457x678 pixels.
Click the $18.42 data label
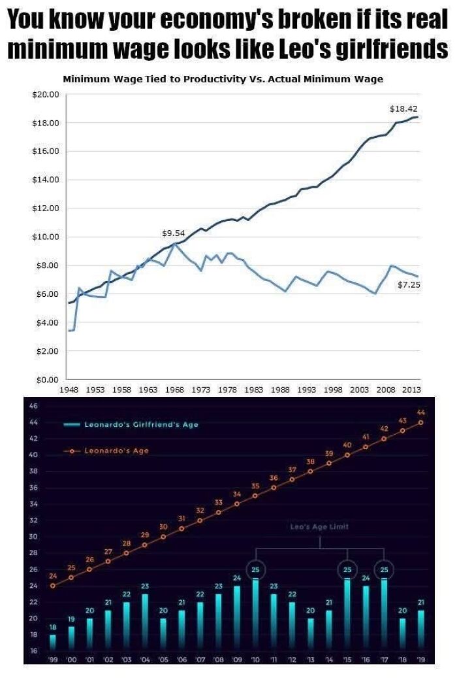(x=403, y=109)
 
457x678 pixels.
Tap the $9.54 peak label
(x=173, y=233)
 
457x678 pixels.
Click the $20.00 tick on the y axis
(x=46, y=94)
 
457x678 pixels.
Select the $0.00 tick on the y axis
(x=47, y=379)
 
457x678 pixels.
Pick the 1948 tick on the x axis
(x=69, y=389)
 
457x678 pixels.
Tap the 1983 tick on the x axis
(x=253, y=389)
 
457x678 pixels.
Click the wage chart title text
(x=223, y=79)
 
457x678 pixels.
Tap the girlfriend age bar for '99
(x=53, y=642)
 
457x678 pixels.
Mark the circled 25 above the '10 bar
(x=255, y=570)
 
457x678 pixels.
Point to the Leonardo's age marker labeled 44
(x=420, y=422)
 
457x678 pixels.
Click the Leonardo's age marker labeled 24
(x=53, y=585)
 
